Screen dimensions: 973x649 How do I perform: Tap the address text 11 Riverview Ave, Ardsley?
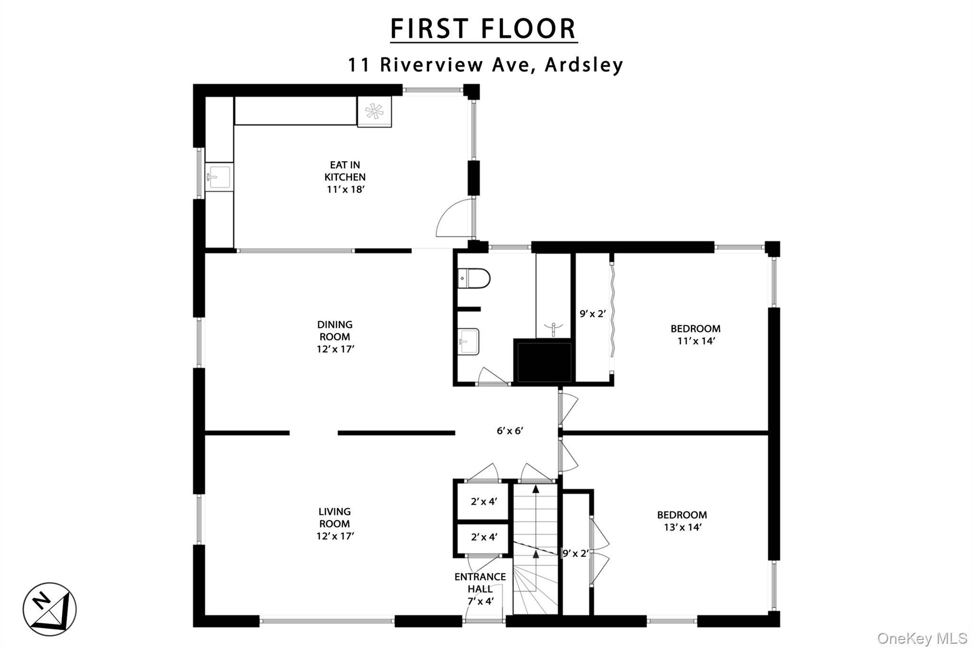click(x=486, y=65)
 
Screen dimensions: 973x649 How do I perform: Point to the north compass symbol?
click(x=49, y=609)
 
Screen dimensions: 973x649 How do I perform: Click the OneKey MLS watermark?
click(x=922, y=638)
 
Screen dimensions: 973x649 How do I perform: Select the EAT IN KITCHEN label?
click(x=345, y=177)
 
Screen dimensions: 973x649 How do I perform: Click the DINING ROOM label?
click(x=335, y=337)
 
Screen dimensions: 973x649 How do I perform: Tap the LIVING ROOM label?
click(x=335, y=523)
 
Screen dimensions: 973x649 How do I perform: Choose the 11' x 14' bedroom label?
click(x=696, y=335)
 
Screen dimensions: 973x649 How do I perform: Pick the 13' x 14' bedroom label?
click(x=682, y=521)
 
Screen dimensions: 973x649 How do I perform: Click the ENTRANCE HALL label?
click(x=480, y=589)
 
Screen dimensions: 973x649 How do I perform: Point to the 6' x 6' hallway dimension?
click(x=510, y=431)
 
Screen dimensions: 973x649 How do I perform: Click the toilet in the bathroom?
click(x=474, y=278)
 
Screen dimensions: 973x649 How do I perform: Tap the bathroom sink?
click(x=468, y=341)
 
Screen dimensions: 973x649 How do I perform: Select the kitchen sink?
click(x=219, y=177)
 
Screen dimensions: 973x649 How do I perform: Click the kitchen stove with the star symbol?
click(x=374, y=112)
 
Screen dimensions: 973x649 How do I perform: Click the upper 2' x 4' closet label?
click(x=484, y=501)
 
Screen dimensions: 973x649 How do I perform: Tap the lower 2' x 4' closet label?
click(x=484, y=537)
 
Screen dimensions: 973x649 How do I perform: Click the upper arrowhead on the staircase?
click(x=536, y=488)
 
